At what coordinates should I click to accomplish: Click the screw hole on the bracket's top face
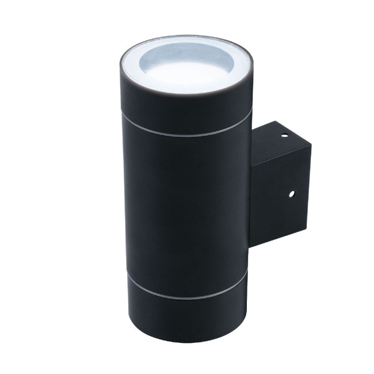283,136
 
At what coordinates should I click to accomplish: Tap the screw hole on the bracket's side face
291,193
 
